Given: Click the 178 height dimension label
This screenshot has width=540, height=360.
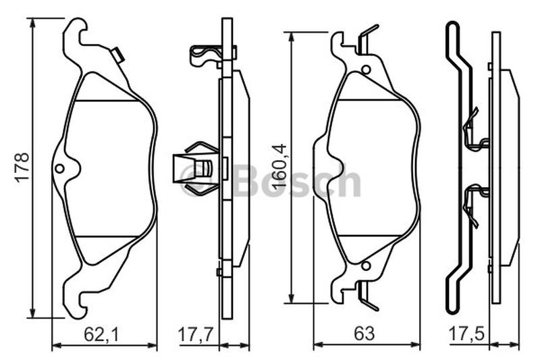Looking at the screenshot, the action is [x=22, y=167].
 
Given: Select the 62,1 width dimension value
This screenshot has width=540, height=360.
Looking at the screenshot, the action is [x=102, y=334].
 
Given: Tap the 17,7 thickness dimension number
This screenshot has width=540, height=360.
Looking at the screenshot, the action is [x=196, y=334].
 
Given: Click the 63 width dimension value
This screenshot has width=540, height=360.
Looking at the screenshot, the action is [x=364, y=334].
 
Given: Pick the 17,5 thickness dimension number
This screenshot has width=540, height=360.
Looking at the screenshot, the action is [x=466, y=334].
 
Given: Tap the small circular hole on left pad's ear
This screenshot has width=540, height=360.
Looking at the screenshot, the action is [x=59, y=168].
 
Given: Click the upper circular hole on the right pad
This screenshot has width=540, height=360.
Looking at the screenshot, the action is [x=366, y=70].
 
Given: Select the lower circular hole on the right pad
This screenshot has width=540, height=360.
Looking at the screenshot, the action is [x=366, y=265].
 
